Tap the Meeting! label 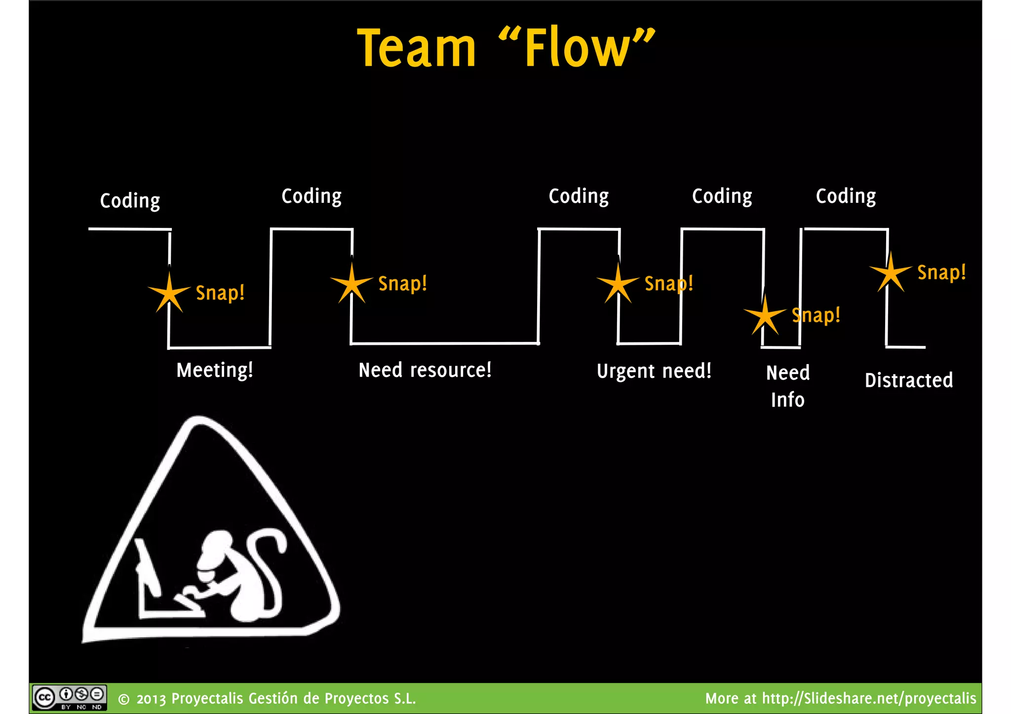tap(215, 370)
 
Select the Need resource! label tap(425, 370)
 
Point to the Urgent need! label tap(654, 371)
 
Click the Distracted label tap(908, 380)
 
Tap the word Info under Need tap(787, 400)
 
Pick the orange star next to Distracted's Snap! tap(891, 273)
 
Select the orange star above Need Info tap(765, 316)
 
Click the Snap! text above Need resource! tap(402, 284)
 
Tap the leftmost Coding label tap(130, 201)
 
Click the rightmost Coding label tap(846, 196)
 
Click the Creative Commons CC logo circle tap(44, 698)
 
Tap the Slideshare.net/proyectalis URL tap(869, 698)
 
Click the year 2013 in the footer tap(151, 699)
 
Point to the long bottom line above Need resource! tap(444, 343)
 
